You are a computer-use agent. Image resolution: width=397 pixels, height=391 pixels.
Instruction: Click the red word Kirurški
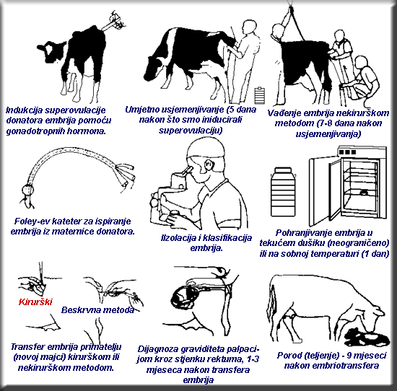[x=35, y=302]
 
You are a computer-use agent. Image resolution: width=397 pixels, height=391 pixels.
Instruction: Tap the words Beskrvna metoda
[x=97, y=310]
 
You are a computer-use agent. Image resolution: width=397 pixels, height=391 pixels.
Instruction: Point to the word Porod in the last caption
[x=289, y=356]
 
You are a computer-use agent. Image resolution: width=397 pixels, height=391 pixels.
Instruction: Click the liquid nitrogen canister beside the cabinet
[x=284, y=192]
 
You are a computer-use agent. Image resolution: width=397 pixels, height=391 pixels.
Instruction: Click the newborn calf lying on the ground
[x=367, y=338]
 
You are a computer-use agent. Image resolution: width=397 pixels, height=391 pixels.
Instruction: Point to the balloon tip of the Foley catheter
[x=28, y=189]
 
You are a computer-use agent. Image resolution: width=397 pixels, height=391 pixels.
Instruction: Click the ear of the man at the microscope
[x=209, y=165]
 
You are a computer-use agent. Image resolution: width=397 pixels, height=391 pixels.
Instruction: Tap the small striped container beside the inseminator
[x=260, y=95]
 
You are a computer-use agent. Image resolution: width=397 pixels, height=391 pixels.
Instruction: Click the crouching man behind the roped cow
[x=362, y=79]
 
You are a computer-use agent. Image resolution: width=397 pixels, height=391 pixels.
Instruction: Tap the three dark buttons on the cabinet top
[x=346, y=152]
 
